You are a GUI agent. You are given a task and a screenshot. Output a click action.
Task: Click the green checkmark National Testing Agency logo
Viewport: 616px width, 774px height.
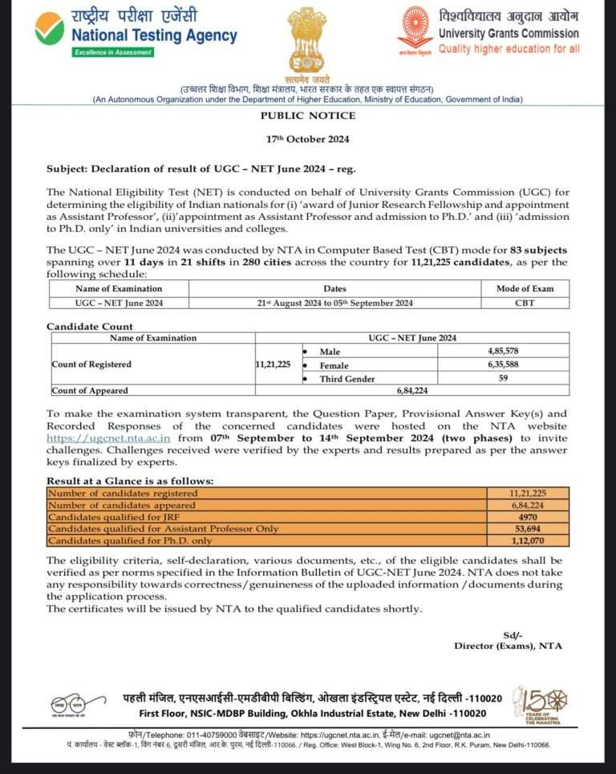(x=50, y=31)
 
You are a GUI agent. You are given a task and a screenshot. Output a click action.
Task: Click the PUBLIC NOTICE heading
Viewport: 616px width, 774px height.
(x=307, y=116)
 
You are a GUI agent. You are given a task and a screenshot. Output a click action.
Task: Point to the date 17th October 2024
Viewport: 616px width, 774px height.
(x=307, y=139)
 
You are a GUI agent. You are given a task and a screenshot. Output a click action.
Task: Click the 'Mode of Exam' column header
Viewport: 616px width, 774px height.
(x=525, y=288)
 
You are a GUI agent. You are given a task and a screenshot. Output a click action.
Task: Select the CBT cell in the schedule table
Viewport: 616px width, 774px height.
(x=525, y=302)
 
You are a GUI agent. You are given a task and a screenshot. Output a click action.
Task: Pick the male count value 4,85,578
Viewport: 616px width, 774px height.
(x=503, y=352)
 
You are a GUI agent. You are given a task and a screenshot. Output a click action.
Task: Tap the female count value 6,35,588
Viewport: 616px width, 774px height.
(x=503, y=365)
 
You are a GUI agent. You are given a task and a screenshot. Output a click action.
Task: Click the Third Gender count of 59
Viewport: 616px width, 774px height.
(x=503, y=378)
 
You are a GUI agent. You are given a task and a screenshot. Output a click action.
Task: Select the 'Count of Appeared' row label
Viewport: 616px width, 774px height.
(x=90, y=391)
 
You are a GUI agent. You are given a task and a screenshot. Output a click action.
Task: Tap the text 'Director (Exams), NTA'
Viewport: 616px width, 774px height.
(x=508, y=646)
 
